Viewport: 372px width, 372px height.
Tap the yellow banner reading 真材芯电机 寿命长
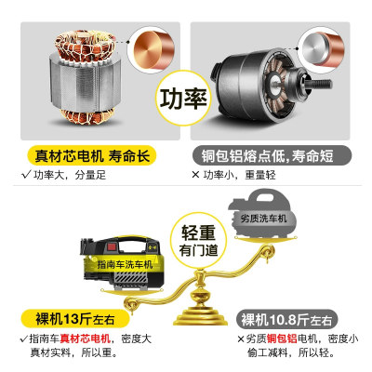(93, 157)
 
